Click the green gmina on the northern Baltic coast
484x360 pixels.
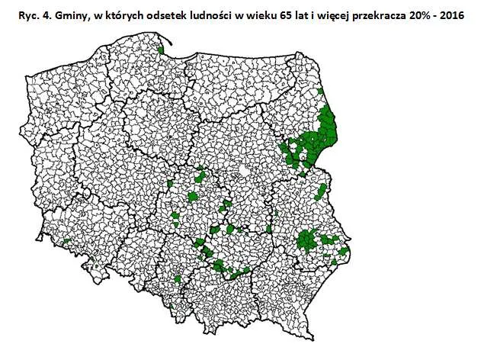click(161, 51)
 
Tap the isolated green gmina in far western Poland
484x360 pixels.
click(66, 242)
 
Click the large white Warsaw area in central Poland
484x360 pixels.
click(242, 172)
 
